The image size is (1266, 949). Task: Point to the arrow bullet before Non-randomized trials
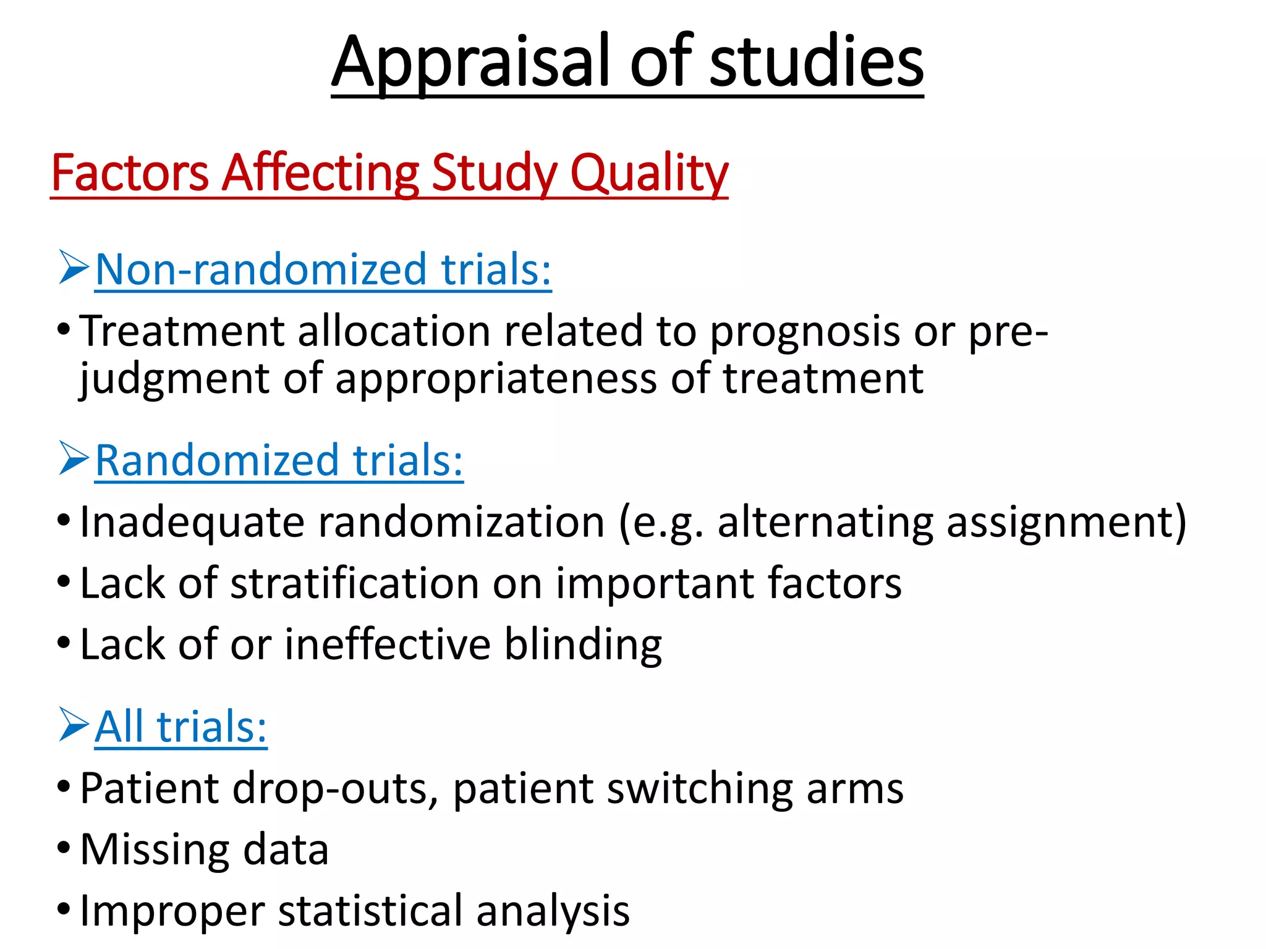74,267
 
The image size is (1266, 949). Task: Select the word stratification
354,583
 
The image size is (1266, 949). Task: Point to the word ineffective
388,644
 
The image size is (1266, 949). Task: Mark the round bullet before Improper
64,909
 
